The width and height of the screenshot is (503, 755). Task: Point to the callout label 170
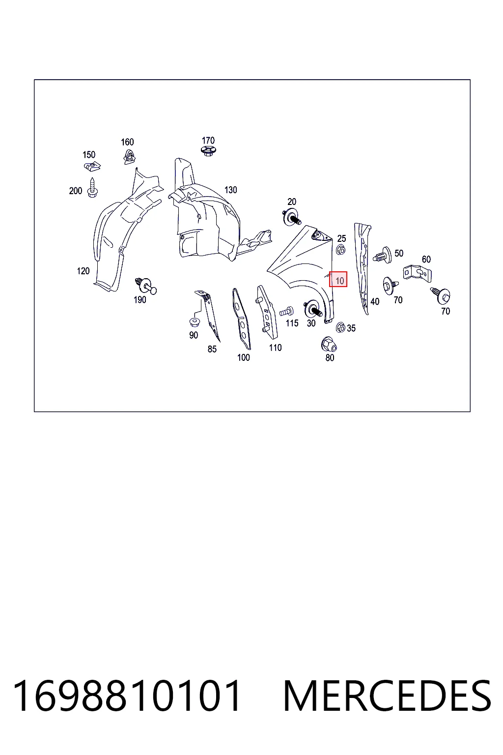[x=208, y=140]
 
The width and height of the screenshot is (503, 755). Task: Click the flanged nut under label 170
[x=208, y=151]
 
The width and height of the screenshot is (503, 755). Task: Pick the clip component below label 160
[x=129, y=157]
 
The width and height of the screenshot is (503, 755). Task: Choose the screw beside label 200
[x=92, y=188]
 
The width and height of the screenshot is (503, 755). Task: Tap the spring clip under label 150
[x=92, y=166]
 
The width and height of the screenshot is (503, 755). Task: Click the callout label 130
[x=231, y=190]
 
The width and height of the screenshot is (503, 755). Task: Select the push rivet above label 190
[x=146, y=285]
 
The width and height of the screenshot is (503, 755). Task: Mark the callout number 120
[x=83, y=271]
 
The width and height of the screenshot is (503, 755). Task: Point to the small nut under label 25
[x=340, y=250]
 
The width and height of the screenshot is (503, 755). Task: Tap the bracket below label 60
[x=418, y=273]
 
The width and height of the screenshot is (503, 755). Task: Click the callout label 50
[x=399, y=253]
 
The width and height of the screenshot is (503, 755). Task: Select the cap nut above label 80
[x=329, y=344]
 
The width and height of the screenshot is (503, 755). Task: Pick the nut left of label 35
[x=340, y=327]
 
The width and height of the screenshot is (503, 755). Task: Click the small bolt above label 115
[x=287, y=312]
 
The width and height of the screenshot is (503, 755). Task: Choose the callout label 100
[x=244, y=358]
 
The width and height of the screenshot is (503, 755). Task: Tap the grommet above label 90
[x=195, y=322]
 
